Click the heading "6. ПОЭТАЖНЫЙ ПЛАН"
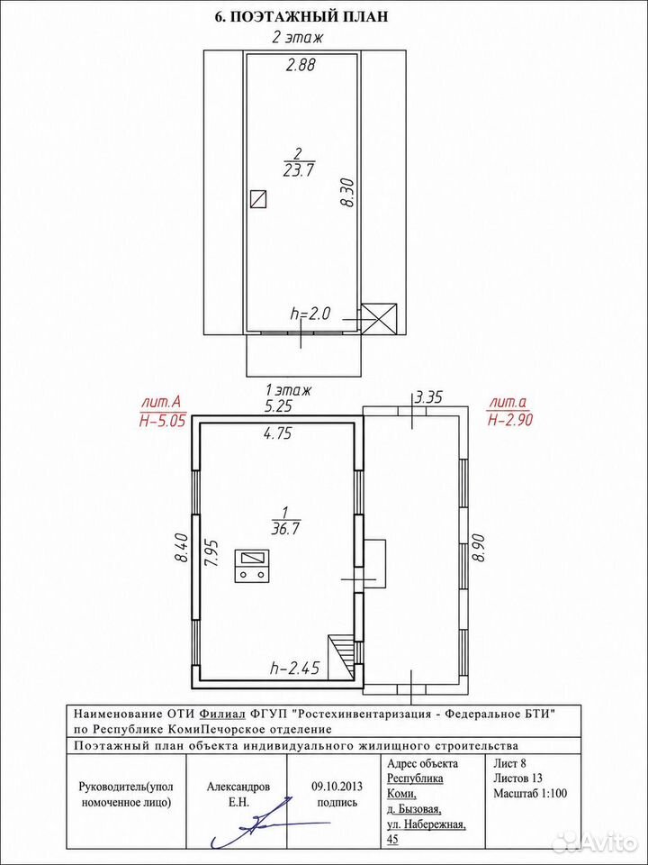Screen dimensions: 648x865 (x=301, y=17)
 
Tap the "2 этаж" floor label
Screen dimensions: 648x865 (x=297, y=39)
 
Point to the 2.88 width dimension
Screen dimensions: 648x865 (x=300, y=66)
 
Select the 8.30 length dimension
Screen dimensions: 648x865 (x=346, y=192)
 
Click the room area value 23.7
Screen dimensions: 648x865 (x=298, y=170)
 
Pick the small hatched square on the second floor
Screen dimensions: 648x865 (x=259, y=198)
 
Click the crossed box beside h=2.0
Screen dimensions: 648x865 (x=379, y=318)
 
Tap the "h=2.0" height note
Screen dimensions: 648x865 (x=309, y=314)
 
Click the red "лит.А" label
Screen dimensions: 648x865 (x=163, y=402)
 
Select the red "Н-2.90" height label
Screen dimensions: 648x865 (x=509, y=420)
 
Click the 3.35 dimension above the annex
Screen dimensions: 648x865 (x=428, y=396)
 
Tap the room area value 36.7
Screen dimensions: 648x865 (x=285, y=529)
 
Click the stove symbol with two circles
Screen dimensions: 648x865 (x=252, y=566)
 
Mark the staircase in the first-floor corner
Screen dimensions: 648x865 (x=342, y=657)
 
